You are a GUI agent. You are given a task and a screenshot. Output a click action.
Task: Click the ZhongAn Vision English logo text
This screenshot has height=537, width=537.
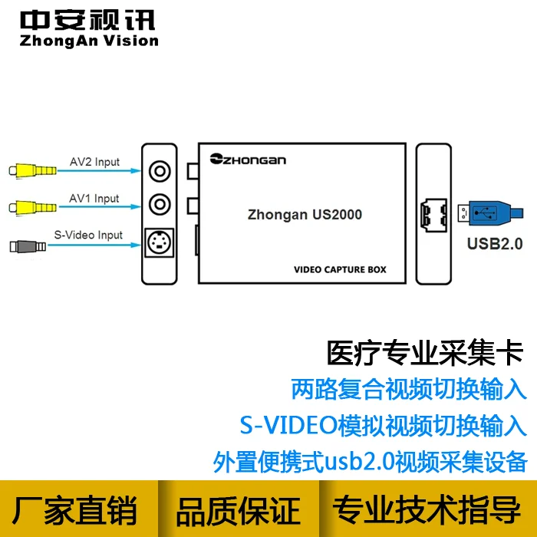pos(89,41)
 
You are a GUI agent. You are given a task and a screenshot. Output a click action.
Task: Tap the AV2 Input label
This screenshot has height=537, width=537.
pos(94,162)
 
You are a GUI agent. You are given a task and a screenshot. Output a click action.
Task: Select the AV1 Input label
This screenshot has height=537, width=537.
pos(94,199)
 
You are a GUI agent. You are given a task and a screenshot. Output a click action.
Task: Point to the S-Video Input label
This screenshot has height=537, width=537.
pos(88,236)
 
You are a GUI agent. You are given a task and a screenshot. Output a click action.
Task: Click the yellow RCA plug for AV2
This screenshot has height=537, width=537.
pos(32,170)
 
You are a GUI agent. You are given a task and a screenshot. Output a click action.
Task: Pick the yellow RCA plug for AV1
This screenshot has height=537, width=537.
pos(32,207)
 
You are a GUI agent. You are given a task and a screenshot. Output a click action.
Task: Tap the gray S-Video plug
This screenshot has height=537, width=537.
pos(28,246)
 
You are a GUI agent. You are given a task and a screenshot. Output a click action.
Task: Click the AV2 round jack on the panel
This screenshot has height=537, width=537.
pos(160,171)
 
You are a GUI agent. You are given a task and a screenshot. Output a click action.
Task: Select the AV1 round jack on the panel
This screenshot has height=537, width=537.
pos(160,205)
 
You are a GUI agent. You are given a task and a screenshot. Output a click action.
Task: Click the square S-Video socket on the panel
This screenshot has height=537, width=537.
pos(160,243)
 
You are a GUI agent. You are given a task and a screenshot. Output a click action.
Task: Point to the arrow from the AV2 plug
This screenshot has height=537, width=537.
pos(99,170)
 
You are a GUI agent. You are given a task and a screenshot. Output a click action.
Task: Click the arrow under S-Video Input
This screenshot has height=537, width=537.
pos(94,245)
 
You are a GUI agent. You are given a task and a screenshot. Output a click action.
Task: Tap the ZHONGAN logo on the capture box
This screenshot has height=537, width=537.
pos(248,160)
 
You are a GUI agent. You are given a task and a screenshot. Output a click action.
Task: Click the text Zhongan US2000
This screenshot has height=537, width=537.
pos(305,215)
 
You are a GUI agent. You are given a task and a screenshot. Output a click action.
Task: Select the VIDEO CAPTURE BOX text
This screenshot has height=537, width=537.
pos(340,269)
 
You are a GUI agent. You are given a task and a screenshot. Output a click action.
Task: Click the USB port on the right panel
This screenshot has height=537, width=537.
pos(433,215)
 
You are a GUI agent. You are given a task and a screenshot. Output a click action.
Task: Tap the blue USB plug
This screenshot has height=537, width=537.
pos(490,213)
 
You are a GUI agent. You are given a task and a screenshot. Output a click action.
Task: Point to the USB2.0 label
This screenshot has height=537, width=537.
pos(495,244)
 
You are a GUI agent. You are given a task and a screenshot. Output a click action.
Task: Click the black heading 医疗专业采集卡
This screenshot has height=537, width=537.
pos(425,353)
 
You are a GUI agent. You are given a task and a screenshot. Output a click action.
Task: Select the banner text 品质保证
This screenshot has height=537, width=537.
pos(239,511)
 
